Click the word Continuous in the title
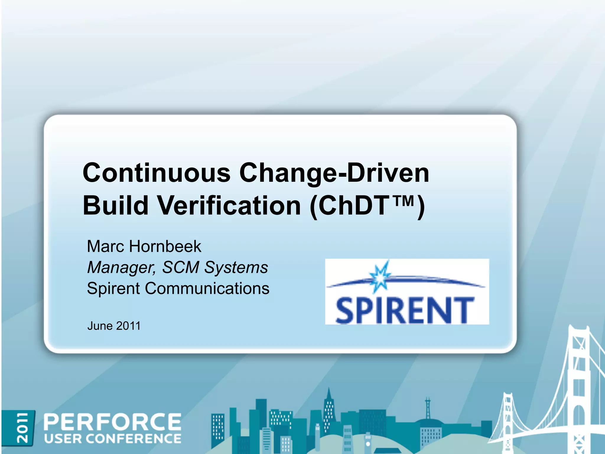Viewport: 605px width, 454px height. pos(157,173)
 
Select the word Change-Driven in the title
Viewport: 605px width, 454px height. pos(334,173)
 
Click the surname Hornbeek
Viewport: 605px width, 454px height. pos(165,246)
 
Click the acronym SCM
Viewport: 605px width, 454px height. pos(181,267)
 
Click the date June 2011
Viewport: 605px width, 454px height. pos(114,326)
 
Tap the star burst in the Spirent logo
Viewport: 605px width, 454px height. pos(380,277)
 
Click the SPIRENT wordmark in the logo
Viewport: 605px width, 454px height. pos(405,310)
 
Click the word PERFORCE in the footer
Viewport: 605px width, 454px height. pos(113,422)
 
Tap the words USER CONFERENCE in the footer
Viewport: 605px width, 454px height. pos(113,439)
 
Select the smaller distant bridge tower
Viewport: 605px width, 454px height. pos(508,420)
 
